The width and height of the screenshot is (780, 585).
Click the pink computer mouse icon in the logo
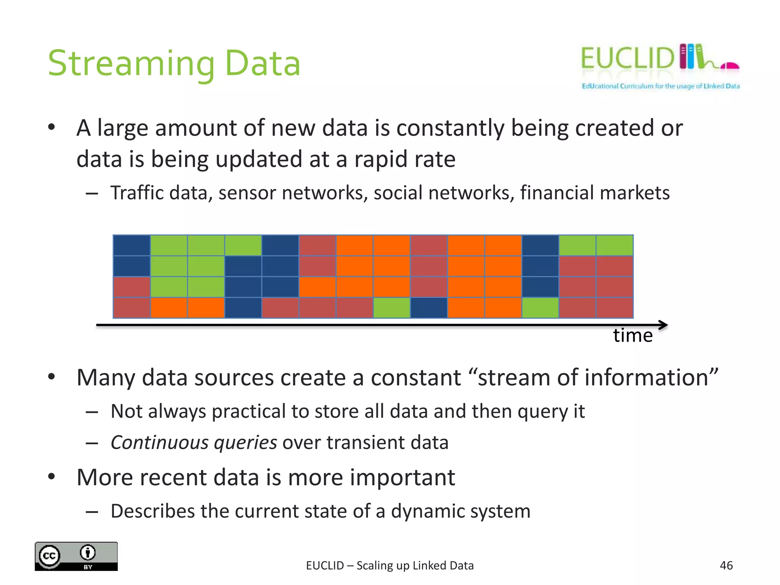coord(730,66)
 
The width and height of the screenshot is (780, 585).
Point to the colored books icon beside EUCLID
coord(691,56)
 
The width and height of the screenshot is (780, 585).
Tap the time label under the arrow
coord(633,336)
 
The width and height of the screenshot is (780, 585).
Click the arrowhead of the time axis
coord(663,325)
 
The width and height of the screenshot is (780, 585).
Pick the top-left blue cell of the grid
coord(132,245)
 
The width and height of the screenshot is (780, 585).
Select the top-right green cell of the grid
coord(614,245)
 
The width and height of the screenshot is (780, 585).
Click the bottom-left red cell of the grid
coord(132,308)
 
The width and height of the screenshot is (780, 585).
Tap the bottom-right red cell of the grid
coord(614,308)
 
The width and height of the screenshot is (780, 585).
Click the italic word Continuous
coord(160,443)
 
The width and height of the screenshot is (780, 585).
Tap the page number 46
coord(726,566)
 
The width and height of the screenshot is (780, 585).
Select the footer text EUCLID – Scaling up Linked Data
coord(390,566)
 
